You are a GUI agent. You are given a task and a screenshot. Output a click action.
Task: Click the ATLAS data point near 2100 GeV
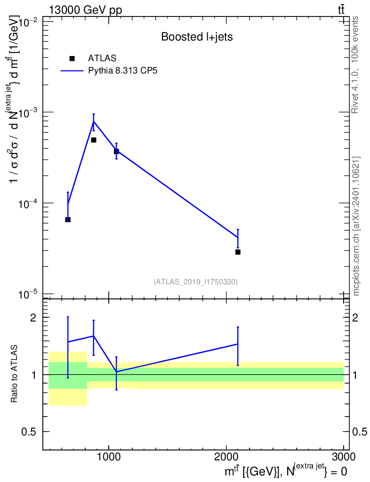[x=238, y=252]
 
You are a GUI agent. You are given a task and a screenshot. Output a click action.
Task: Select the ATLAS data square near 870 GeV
[x=94, y=140]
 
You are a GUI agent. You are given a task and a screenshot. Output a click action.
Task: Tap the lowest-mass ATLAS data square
[x=68, y=219]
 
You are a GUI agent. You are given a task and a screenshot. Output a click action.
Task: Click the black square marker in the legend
[x=72, y=58]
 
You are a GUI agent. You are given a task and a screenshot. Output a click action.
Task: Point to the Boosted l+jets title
[x=197, y=37]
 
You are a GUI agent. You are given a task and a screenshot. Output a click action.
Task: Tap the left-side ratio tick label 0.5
[x=29, y=432]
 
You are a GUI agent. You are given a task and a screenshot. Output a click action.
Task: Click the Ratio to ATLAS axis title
[x=15, y=374]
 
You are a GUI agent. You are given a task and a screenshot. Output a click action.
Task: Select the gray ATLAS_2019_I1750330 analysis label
[x=195, y=282]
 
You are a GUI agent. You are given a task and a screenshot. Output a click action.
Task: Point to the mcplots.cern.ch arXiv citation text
[x=356, y=226]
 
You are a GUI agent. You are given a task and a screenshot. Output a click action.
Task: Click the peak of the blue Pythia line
[x=94, y=121]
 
